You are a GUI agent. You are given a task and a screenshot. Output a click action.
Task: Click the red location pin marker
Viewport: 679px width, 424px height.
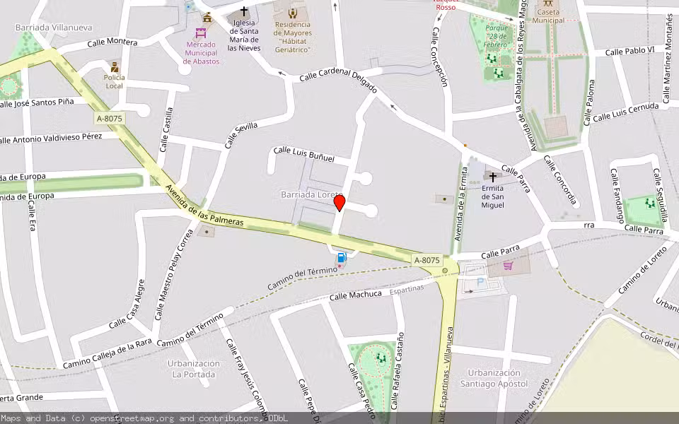(339, 203)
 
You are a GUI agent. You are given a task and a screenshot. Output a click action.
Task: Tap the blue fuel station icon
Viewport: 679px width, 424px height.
(342, 259)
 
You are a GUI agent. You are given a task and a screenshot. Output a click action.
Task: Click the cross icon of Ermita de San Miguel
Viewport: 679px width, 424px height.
(493, 177)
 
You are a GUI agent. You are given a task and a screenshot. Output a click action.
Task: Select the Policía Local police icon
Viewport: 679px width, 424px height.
(115, 67)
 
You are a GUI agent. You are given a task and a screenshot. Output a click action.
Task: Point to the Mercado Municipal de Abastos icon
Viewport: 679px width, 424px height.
(202, 33)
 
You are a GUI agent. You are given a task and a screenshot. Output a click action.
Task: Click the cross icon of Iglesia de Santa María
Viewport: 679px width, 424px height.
(244, 11)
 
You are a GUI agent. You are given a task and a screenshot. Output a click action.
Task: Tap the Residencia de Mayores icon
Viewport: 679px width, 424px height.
(293, 13)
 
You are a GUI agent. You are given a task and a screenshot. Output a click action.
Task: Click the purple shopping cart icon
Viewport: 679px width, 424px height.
(508, 266)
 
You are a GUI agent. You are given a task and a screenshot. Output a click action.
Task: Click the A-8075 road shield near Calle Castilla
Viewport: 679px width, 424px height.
(110, 119)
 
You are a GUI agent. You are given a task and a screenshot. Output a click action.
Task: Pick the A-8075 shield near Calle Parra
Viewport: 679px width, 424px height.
(427, 260)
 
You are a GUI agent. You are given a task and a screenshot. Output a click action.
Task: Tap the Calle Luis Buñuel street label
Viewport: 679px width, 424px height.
(303, 154)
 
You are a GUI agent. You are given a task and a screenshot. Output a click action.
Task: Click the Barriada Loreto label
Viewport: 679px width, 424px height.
(311, 194)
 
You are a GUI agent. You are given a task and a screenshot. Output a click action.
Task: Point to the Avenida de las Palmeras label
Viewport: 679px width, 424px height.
(204, 206)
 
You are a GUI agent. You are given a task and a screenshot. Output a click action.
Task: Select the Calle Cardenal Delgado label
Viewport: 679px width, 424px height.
(338, 81)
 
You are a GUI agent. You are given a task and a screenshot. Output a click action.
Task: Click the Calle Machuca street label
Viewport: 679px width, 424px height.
(355, 295)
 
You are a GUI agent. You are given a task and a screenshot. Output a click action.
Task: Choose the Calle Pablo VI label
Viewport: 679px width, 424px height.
(629, 51)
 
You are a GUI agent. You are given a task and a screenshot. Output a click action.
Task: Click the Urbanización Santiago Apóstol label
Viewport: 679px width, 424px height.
(498, 378)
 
